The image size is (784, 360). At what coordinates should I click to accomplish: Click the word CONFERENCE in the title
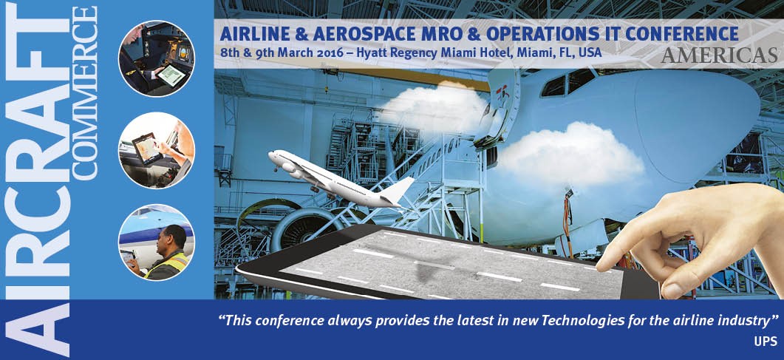point(682,33)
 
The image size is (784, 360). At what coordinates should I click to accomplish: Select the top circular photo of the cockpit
point(157,58)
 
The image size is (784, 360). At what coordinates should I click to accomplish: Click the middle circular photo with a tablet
point(157,150)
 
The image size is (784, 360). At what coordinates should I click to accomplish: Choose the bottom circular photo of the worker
point(157,242)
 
